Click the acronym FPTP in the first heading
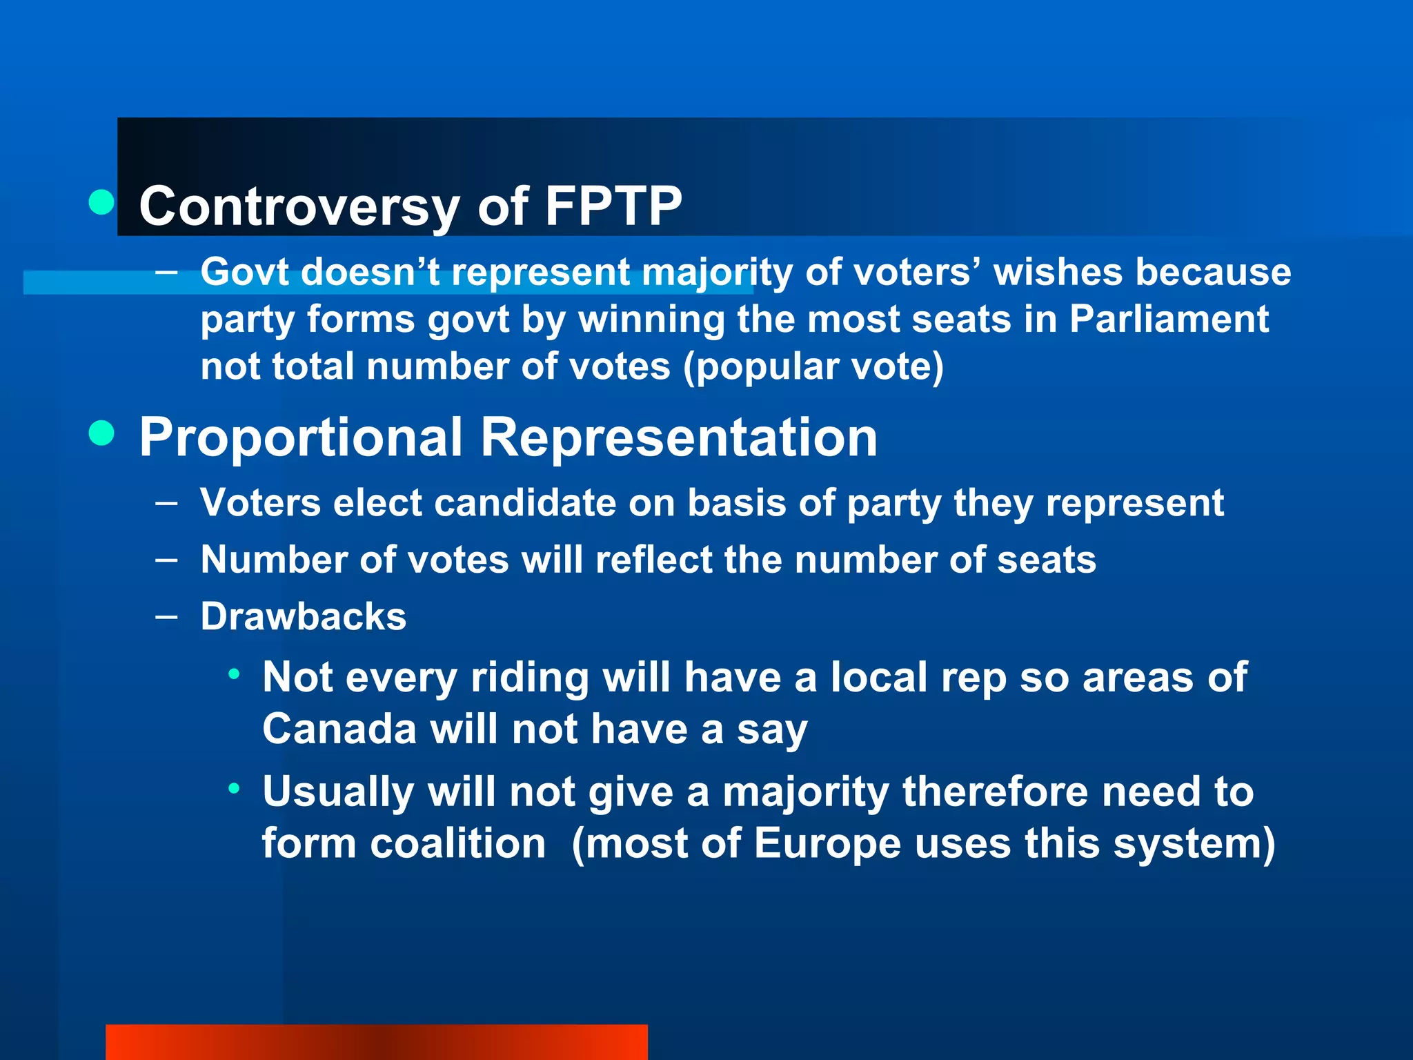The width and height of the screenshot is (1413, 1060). pos(613,206)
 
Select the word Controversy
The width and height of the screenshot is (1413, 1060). pos(299,206)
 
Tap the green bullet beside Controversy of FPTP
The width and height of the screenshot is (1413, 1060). pos(102,202)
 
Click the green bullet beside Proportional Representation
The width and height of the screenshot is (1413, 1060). pos(102,433)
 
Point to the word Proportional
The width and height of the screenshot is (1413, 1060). pos(301,438)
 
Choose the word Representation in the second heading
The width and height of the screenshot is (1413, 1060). pos(678,438)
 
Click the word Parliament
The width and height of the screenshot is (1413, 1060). pos(1169,319)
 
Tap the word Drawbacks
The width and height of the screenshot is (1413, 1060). pos(304,616)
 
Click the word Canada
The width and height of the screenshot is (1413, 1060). pos(339,729)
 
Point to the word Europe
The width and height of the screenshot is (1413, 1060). pos(827,843)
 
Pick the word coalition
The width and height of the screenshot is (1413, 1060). pos(458,843)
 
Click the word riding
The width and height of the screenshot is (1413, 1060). pos(529,678)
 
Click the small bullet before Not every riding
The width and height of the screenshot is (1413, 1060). pos(235,674)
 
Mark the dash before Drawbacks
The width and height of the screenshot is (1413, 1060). pos(166,616)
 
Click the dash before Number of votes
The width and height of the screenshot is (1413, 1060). pos(166,559)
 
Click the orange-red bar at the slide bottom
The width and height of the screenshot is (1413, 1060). pos(376,1042)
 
